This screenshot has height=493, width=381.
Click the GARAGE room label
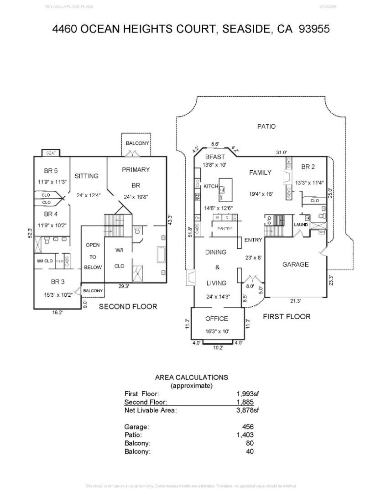point(295,264)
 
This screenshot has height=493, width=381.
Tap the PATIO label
point(266,126)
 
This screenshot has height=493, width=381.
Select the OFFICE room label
point(216,319)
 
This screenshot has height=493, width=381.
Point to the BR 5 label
point(51,171)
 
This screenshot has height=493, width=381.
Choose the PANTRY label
point(224,229)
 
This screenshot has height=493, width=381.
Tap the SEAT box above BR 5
point(51,153)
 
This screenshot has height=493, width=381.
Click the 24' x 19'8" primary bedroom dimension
point(136,197)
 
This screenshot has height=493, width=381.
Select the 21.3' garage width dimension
point(295,301)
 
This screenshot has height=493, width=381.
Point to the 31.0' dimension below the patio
point(281,152)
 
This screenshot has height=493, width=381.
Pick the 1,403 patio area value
point(245,435)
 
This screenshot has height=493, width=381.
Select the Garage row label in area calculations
point(136,427)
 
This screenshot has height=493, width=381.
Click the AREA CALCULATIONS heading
point(191,378)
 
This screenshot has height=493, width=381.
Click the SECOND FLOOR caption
point(128,306)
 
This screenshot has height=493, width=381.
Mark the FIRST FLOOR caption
point(287,316)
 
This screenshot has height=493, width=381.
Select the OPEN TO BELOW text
point(93,256)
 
